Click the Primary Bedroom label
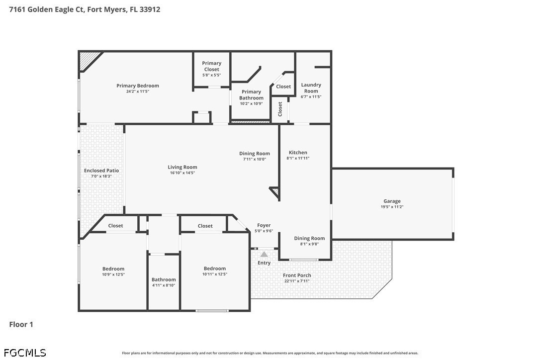click(x=137, y=86)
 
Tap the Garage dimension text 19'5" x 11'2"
click(x=392, y=207)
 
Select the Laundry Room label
click(x=311, y=88)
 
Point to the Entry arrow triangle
click(x=264, y=254)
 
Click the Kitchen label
click(x=298, y=152)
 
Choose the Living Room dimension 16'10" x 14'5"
click(x=182, y=173)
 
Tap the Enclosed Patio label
click(x=101, y=171)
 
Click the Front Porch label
click(x=297, y=275)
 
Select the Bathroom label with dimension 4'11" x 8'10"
click(x=164, y=280)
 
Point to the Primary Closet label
click(x=211, y=66)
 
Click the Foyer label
click(x=264, y=225)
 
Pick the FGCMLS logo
click(x=25, y=353)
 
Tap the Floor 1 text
click(x=21, y=324)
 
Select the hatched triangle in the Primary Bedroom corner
click(x=88, y=59)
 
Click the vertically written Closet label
click(x=280, y=109)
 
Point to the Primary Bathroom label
click(x=251, y=95)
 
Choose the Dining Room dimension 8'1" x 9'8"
click(x=309, y=244)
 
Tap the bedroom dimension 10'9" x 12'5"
click(x=113, y=274)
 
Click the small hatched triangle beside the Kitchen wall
click(x=275, y=191)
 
